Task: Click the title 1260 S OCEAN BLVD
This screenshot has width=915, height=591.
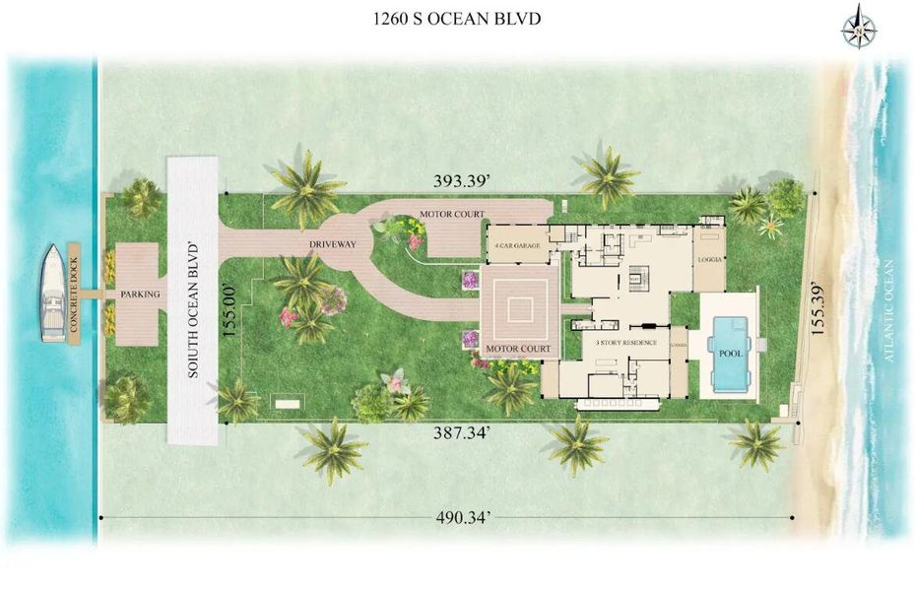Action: (457, 19)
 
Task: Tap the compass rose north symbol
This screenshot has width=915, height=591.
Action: (861, 28)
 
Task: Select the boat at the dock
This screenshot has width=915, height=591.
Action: (53, 294)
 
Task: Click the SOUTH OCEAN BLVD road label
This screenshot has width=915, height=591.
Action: (192, 306)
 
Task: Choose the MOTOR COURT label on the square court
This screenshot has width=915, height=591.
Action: (520, 349)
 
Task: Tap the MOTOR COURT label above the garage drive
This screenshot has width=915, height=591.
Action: (451, 213)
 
